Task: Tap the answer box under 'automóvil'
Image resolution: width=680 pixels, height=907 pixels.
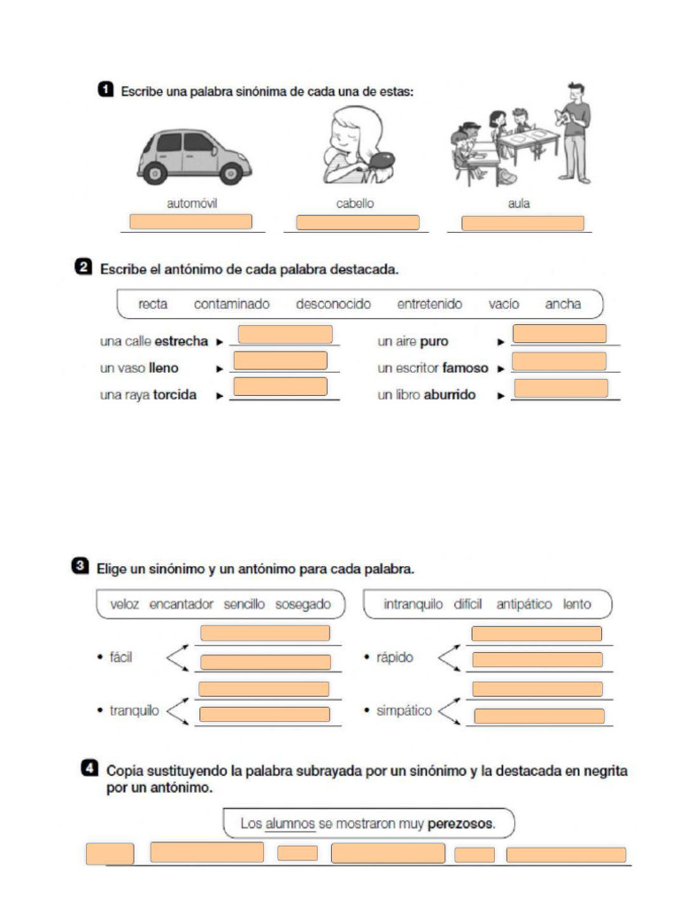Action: (190, 221)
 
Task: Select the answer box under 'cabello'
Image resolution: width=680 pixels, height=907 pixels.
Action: (357, 222)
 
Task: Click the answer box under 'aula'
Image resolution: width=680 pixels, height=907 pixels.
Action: (522, 223)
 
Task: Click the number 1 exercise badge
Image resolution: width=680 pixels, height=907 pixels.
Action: (104, 89)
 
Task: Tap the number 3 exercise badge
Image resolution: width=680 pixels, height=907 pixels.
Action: (80, 566)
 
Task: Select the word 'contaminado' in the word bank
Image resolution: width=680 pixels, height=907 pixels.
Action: (232, 304)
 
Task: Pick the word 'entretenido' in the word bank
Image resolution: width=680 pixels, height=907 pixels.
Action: (429, 304)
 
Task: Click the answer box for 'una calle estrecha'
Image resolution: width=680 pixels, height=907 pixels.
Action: (285, 335)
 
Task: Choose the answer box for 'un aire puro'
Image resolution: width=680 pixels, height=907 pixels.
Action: (560, 334)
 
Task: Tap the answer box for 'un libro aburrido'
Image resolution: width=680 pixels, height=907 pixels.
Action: (560, 388)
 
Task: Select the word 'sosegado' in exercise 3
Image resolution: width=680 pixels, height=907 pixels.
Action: (303, 604)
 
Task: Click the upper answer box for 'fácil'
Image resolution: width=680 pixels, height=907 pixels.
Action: (264, 633)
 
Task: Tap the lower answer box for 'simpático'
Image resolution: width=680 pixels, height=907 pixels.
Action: (538, 716)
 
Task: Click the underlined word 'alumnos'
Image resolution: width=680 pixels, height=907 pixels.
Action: (290, 824)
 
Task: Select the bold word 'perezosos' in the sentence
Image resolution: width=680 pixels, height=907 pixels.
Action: (460, 824)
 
